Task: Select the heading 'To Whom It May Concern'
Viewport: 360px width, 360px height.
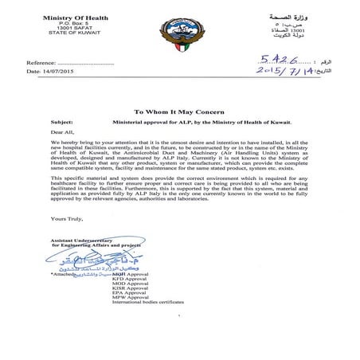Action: coord(179,112)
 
